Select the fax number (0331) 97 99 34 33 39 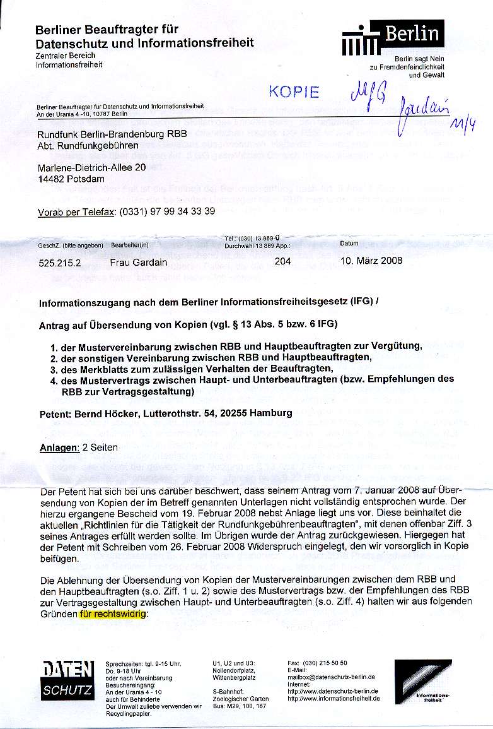[166, 211]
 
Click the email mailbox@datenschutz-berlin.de [331, 676]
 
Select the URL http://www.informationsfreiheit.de [333, 699]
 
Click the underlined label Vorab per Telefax [77, 211]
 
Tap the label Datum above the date [349, 243]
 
